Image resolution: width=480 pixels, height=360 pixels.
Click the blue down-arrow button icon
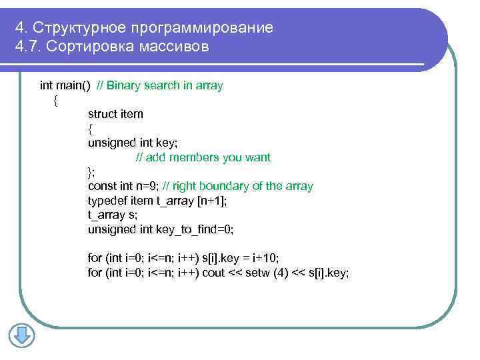[x=21, y=335]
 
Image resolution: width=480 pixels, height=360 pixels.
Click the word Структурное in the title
[x=78, y=27]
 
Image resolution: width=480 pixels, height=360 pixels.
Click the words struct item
[x=115, y=114]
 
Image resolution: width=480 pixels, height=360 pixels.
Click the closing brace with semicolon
[x=92, y=172]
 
